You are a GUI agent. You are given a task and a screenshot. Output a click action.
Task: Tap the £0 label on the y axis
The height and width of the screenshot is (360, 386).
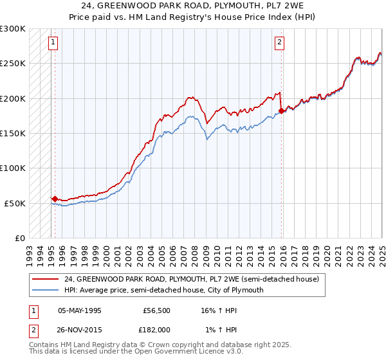[19, 238]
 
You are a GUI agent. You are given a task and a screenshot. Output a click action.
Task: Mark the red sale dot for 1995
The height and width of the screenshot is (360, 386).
[55, 199]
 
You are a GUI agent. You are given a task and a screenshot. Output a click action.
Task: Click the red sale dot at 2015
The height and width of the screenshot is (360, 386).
[281, 111]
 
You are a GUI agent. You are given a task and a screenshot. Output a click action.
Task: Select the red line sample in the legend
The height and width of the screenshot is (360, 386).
[46, 280]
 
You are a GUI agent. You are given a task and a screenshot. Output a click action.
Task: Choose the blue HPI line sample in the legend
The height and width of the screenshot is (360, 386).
[46, 290]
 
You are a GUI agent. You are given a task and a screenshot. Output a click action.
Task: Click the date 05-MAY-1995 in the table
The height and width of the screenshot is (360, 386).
[80, 310]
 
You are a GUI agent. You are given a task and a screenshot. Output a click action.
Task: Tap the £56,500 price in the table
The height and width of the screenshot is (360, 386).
[155, 310]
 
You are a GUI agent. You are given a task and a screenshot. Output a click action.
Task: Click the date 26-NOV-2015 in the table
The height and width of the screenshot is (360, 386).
[80, 329]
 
